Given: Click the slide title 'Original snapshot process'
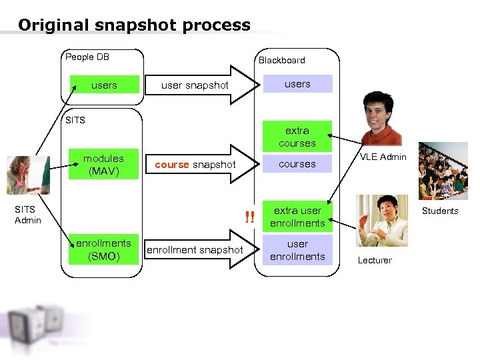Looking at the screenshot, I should [134, 25].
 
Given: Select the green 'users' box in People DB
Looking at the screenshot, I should [104, 85].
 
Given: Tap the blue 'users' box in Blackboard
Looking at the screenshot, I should [297, 84].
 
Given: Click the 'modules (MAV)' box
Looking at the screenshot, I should [103, 165].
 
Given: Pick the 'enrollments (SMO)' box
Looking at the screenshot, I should [103, 250].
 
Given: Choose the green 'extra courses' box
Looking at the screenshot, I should [297, 137].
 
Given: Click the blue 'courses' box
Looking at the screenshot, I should [297, 164].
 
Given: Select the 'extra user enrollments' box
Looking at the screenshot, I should [297, 217].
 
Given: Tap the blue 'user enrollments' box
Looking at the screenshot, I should [297, 250].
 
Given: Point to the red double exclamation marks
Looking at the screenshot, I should [249, 217].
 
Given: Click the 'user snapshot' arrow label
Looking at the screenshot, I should [195, 85].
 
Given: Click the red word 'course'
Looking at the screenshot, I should [171, 165].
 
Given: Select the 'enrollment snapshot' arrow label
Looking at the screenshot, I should [195, 250].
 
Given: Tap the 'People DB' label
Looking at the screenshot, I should [87, 57].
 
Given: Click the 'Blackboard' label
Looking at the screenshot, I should [281, 60].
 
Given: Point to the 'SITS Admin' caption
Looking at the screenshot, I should [28, 215].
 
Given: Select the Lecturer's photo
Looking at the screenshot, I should [382, 221].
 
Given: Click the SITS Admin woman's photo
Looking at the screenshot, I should [27, 175].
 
